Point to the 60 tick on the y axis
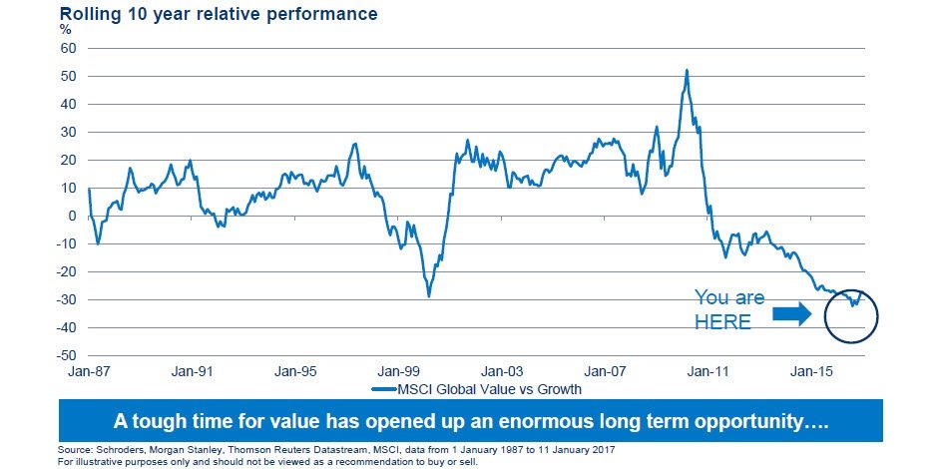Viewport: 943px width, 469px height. coord(69,48)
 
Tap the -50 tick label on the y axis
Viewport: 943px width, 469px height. coord(67,355)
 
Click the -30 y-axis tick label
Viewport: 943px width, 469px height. coord(67,299)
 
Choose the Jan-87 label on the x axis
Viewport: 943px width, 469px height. coord(88,371)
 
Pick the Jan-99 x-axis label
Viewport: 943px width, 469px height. coord(398,371)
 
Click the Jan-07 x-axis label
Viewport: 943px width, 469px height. coord(606,371)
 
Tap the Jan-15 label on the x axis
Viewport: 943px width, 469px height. coord(813,371)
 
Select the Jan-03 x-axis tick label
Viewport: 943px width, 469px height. coord(502,371)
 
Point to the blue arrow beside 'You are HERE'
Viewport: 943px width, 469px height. coord(793,315)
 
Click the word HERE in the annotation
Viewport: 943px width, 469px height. coord(722,321)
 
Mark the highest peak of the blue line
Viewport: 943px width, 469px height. coord(687,70)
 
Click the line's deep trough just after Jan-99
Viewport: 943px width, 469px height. coord(429,296)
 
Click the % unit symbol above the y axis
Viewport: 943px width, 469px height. coord(66,30)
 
